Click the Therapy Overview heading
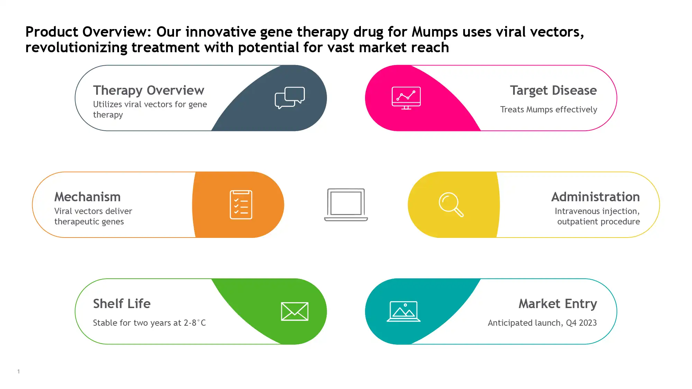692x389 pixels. click(149, 91)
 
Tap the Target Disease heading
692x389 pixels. click(553, 91)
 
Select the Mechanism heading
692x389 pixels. click(88, 197)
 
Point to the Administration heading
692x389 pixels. click(595, 197)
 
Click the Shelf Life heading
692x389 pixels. click(122, 304)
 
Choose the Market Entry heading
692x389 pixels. click(558, 304)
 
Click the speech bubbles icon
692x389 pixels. click(290, 98)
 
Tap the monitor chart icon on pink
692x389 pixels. click(406, 98)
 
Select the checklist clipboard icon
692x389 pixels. click(241, 205)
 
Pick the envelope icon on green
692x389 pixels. click(295, 312)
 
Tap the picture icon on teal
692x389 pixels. click(403, 312)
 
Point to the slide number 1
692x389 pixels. click(19, 372)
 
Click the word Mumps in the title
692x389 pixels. click(435, 32)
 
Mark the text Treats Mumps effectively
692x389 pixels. click(549, 110)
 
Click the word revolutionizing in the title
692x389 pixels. click(76, 48)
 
